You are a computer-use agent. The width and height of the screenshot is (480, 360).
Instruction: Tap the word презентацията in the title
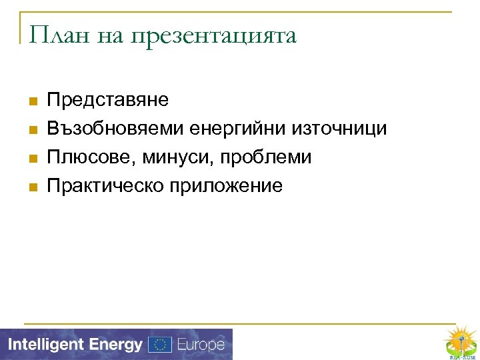click(213, 36)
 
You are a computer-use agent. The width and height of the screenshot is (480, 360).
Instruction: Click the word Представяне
click(108, 100)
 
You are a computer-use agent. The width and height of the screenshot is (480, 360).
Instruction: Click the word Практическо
click(103, 186)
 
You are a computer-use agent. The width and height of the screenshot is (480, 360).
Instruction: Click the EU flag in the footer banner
click(160, 345)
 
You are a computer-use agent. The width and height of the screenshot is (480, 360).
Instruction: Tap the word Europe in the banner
click(200, 345)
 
